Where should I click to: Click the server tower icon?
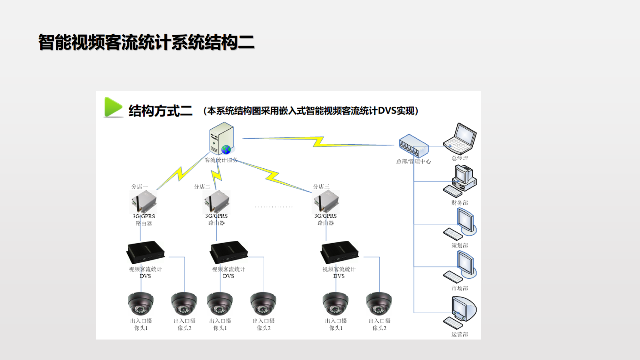pyautogui.click(x=221, y=138)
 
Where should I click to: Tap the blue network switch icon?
pyautogui.click(x=413, y=146)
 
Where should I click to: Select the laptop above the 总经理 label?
pyautogui.click(x=460, y=139)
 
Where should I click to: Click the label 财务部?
pyautogui.click(x=460, y=203)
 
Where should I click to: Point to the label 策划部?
pyautogui.click(x=460, y=245)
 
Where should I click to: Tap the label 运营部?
pyautogui.click(x=460, y=334)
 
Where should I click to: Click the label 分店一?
pyautogui.click(x=140, y=187)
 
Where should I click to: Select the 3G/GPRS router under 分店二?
pyautogui.click(x=217, y=202)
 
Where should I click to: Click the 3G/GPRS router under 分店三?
pyautogui.click(x=326, y=202)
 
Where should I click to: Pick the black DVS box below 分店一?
pyautogui.click(x=146, y=252)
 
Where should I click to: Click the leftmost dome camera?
pyautogui.click(x=140, y=304)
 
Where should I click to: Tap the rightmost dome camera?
pyautogui.click(x=379, y=304)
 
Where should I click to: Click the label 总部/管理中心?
pyautogui.click(x=413, y=162)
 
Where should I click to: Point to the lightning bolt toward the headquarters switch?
pyautogui.click(x=318, y=141)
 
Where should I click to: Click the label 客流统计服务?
pyautogui.click(x=221, y=160)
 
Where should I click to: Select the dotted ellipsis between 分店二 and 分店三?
pyautogui.click(x=274, y=207)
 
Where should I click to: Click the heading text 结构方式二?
pyautogui.click(x=160, y=111)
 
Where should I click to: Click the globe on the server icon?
pyautogui.click(x=226, y=149)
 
